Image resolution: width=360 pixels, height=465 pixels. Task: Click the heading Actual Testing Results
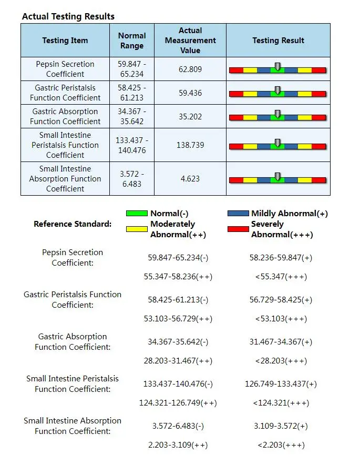click(68, 16)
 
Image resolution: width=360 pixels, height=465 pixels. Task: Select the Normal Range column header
click(132, 41)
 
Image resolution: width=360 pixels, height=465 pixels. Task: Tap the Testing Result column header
click(278, 41)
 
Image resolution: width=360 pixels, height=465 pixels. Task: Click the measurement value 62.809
click(190, 69)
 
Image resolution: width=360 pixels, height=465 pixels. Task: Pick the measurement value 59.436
click(190, 93)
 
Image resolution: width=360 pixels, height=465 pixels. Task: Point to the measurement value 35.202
click(190, 117)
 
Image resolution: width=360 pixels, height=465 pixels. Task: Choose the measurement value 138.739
click(190, 145)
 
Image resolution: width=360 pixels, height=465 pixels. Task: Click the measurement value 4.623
click(190, 179)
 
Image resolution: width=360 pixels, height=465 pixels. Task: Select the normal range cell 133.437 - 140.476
click(132, 145)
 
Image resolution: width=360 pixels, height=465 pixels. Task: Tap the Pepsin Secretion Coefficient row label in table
click(65, 69)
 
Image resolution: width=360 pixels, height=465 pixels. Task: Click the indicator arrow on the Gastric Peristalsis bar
click(277, 90)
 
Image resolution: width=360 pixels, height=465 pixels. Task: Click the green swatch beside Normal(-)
click(137, 214)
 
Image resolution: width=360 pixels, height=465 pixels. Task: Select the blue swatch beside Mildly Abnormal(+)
click(238, 214)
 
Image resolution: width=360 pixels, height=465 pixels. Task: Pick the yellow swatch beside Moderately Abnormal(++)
click(137, 229)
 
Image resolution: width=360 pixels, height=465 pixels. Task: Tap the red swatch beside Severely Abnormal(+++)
click(238, 229)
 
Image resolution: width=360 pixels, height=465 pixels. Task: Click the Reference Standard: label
click(73, 224)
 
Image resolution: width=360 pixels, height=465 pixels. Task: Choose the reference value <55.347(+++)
click(281, 277)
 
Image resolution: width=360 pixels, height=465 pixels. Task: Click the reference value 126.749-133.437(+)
click(281, 384)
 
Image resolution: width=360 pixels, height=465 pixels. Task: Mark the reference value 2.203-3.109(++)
click(178, 445)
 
